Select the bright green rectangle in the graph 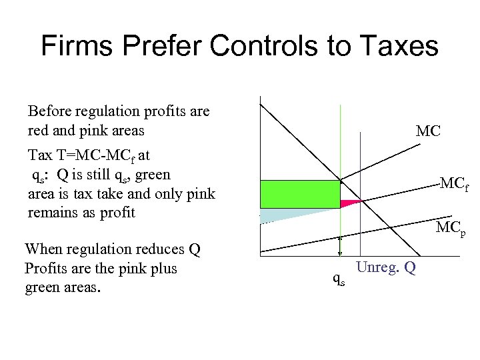pyautogui.click(x=299, y=194)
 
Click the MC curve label pyautogui.click(x=427, y=131)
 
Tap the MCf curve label pyautogui.click(x=454, y=184)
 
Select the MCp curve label pyautogui.click(x=450, y=229)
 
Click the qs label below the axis pyautogui.click(x=339, y=281)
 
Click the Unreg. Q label pyautogui.click(x=386, y=267)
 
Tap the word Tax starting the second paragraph pyautogui.click(x=40, y=155)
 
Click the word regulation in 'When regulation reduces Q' pyautogui.click(x=102, y=249)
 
